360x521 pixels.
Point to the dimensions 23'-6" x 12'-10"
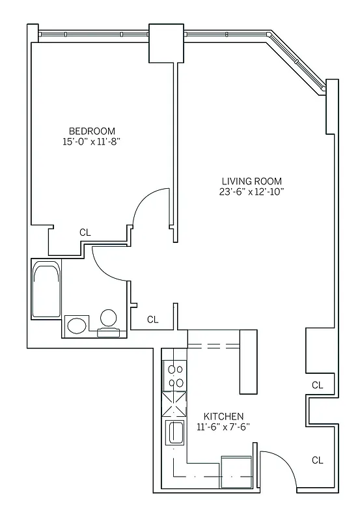[253, 191]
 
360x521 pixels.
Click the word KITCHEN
[223, 416]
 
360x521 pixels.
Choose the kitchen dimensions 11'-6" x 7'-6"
[223, 427]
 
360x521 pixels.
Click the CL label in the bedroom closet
[85, 232]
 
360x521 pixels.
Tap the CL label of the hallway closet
[152, 319]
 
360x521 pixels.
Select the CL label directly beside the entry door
[317, 460]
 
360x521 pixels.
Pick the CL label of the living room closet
[317, 385]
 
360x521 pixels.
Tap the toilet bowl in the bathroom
[109, 318]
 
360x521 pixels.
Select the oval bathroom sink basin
[77, 325]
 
